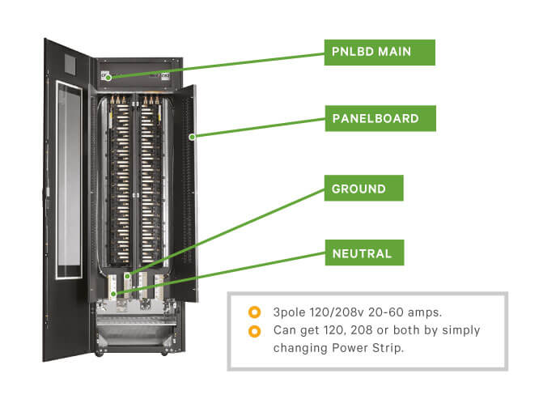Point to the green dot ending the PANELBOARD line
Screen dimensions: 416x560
[192, 137]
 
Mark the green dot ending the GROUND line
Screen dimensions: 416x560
[126, 276]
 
